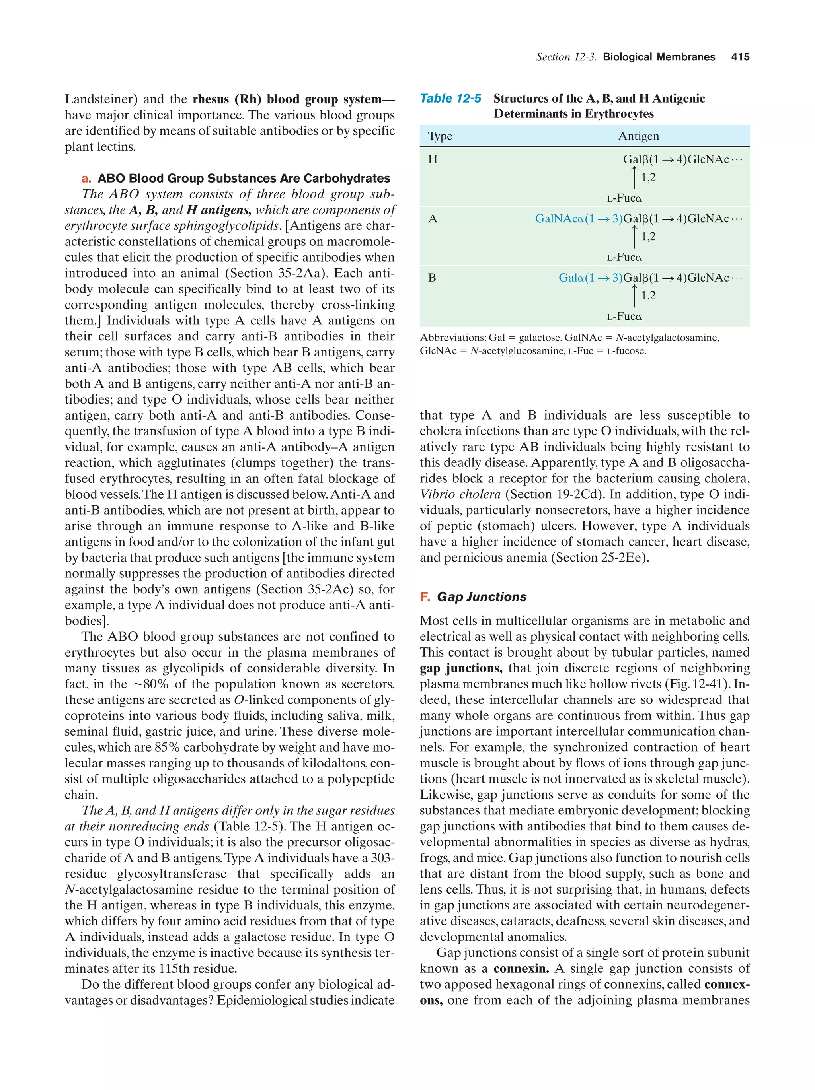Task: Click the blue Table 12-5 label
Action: coord(450,99)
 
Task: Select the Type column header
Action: coord(440,136)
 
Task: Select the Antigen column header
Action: coord(638,136)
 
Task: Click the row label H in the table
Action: coord(433,159)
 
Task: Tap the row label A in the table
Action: coord(433,218)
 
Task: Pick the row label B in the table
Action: coord(432,278)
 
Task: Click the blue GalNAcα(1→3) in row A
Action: coord(578,218)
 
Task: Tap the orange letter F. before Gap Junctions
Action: coord(425,597)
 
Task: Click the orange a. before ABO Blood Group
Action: coord(86,179)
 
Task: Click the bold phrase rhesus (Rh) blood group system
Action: coord(287,99)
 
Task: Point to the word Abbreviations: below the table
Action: coord(452,338)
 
